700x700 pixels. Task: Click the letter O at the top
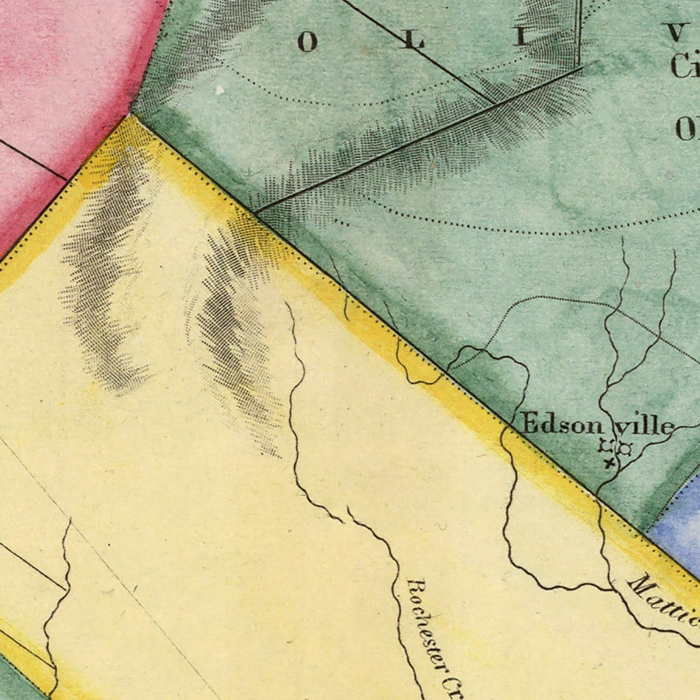point(307,43)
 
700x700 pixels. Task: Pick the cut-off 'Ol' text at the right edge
point(687,128)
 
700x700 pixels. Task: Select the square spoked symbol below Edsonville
point(606,446)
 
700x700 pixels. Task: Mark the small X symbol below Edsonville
point(608,463)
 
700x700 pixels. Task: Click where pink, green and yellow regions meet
point(129,113)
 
